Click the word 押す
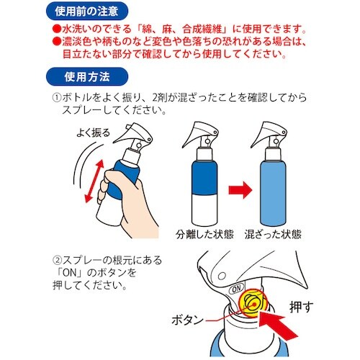tap(302, 297)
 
